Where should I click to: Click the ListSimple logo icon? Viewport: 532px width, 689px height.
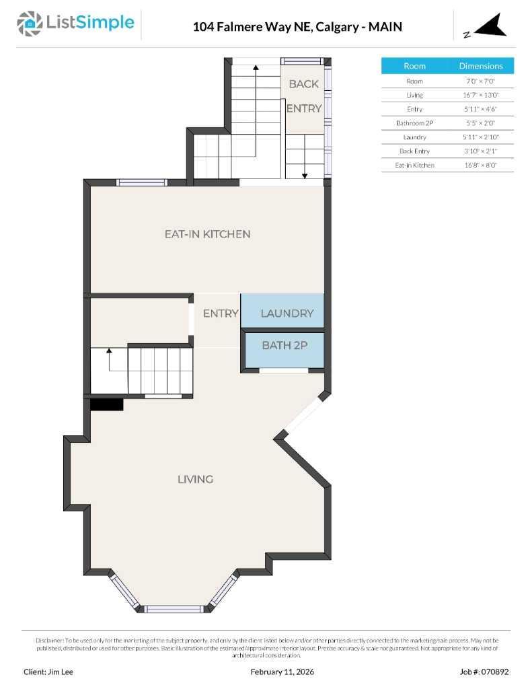click(29, 24)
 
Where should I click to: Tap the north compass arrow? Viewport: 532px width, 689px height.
click(489, 27)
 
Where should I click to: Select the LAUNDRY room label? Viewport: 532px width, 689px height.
click(287, 313)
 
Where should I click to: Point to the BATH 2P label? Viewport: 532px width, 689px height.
click(284, 345)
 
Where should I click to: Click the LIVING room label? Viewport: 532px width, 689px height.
click(195, 479)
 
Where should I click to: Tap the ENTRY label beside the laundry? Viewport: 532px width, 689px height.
click(221, 313)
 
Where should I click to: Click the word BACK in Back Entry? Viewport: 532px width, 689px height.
click(304, 84)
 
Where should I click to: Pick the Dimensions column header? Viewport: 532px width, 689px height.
click(481, 66)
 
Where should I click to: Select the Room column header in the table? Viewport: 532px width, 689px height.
click(414, 66)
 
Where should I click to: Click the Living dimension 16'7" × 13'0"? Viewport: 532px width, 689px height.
click(481, 95)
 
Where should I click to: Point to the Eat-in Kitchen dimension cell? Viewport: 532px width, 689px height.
click(481, 165)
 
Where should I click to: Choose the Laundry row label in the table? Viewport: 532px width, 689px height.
click(414, 137)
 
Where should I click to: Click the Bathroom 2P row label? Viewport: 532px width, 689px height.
click(414, 123)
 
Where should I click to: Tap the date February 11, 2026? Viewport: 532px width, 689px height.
click(282, 672)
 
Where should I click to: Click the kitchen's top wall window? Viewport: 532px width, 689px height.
click(142, 182)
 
